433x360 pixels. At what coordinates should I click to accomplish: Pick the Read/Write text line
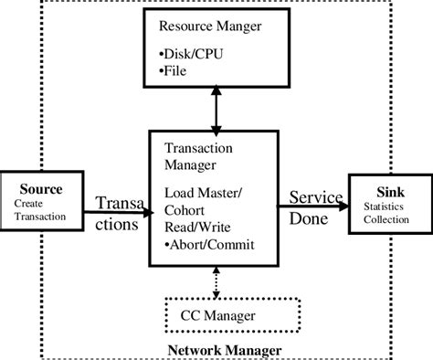click(x=199, y=228)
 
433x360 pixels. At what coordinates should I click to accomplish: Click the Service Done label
click(x=315, y=208)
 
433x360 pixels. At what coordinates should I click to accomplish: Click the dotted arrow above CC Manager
click(x=216, y=281)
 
